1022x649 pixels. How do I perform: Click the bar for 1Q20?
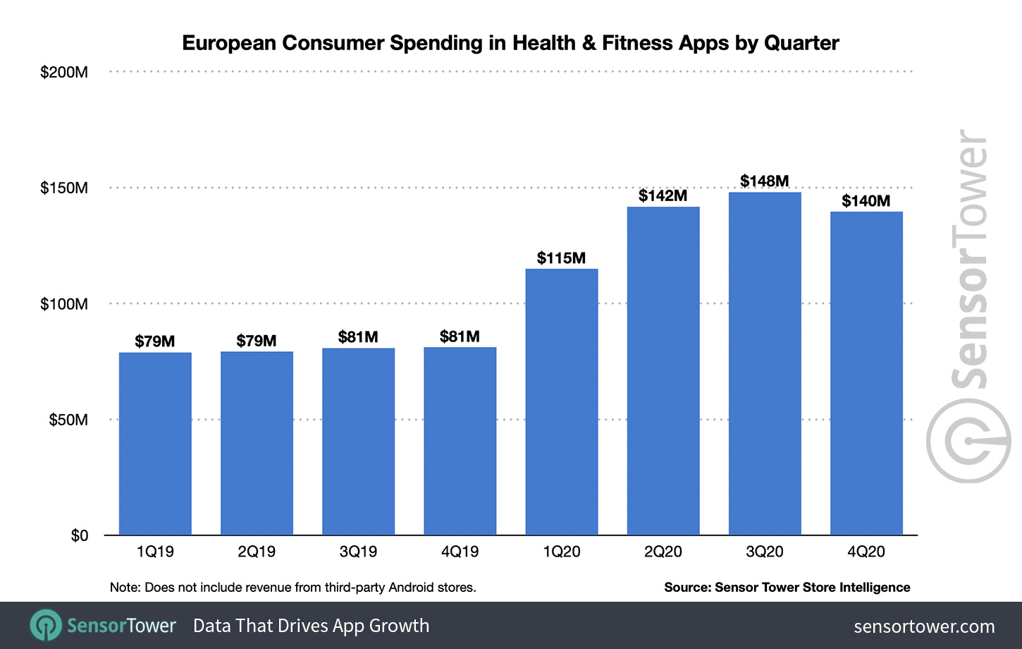(x=561, y=401)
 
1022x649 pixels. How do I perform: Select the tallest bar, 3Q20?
(x=764, y=363)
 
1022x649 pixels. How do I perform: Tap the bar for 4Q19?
(x=460, y=441)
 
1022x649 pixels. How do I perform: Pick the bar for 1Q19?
(x=155, y=444)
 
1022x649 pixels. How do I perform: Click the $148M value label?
(x=764, y=181)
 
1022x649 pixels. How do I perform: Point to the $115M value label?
(x=561, y=258)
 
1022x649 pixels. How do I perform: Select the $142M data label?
(x=663, y=195)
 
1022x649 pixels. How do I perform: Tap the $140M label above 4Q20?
(x=866, y=201)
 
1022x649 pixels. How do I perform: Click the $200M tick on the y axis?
(x=64, y=72)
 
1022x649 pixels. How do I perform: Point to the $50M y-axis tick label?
(x=68, y=420)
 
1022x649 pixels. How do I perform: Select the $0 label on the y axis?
(x=79, y=535)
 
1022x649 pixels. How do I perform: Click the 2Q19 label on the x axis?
(x=257, y=552)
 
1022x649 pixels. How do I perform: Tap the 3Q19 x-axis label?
(x=358, y=552)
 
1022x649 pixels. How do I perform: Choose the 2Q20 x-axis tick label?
(x=663, y=552)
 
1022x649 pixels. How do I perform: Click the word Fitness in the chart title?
(x=638, y=43)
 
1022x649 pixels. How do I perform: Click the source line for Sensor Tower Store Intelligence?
(x=787, y=587)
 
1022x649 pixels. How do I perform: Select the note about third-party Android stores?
(x=293, y=587)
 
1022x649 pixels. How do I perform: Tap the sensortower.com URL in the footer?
(x=924, y=626)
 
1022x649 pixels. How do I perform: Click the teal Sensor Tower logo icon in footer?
(x=47, y=625)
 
